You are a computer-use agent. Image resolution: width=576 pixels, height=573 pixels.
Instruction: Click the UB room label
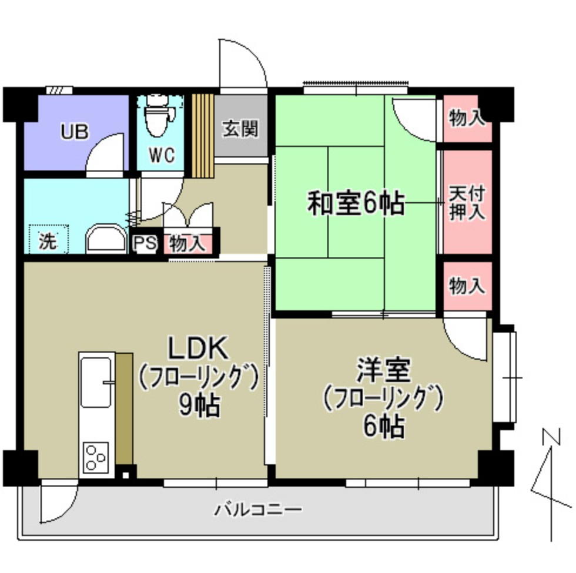[x=75, y=132]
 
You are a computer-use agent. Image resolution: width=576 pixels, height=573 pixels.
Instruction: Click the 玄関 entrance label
[x=240, y=129]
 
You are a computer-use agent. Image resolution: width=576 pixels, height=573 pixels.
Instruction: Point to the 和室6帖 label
[x=356, y=204]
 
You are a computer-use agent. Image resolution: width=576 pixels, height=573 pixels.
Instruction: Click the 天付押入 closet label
[x=467, y=203]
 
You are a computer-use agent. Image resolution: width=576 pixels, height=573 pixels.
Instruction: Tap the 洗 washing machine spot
[x=48, y=241]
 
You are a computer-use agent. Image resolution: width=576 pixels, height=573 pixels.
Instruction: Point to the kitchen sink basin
[x=96, y=382]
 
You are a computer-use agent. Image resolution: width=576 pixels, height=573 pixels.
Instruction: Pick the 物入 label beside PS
[x=187, y=243]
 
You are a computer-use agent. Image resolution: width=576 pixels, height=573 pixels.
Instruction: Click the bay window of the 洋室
[x=504, y=377]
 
